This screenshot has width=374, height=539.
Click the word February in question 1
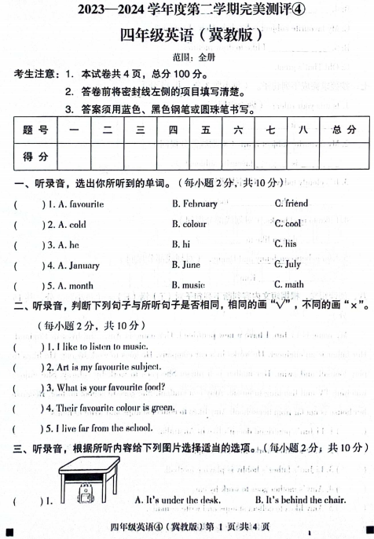[x=200, y=203]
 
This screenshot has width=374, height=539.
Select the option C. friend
[x=291, y=203]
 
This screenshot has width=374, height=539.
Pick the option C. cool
[x=288, y=224]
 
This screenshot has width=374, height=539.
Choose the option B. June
[x=185, y=265]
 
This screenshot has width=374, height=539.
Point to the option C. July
[x=288, y=265]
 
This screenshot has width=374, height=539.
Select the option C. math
[x=288, y=285]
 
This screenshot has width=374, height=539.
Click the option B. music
[x=188, y=285]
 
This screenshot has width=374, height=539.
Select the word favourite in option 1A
[x=86, y=203]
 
